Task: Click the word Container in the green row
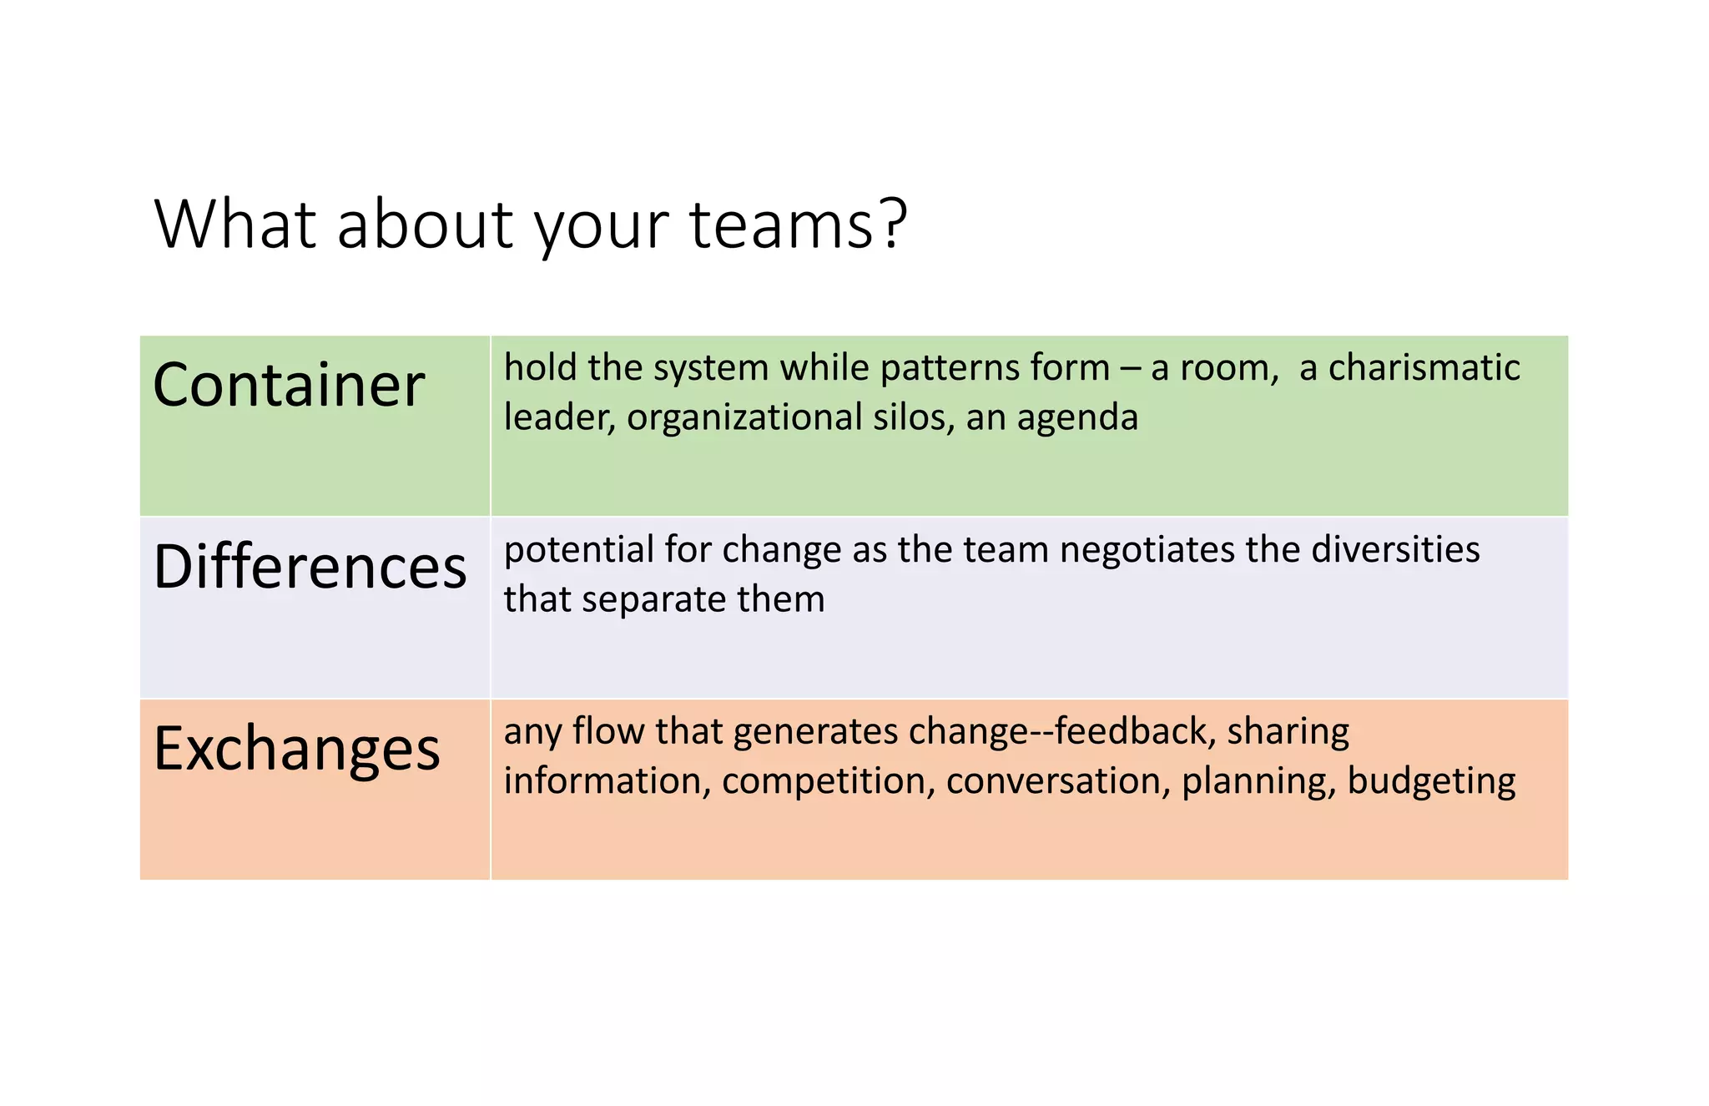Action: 289,386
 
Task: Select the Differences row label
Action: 310,568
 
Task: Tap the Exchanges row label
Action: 296,749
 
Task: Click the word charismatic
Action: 1424,368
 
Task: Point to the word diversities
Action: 1395,549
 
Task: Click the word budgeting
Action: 1431,782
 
